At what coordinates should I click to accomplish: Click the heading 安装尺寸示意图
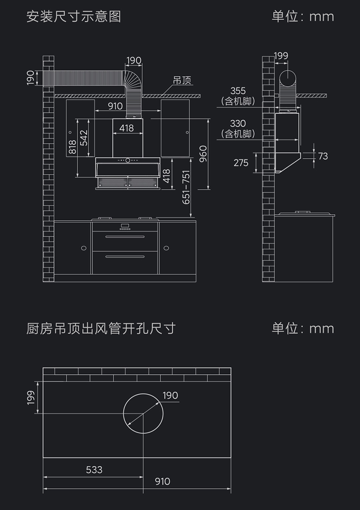click(74, 17)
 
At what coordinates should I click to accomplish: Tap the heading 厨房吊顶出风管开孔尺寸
click(101, 328)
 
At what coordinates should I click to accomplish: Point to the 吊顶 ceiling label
click(182, 81)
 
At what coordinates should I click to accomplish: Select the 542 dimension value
click(84, 138)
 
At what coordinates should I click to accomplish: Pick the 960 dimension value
click(203, 154)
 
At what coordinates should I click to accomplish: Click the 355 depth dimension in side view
click(238, 91)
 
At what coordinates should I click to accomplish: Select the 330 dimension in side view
click(238, 124)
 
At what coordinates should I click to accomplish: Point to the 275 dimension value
click(241, 163)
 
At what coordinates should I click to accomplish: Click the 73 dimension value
click(323, 156)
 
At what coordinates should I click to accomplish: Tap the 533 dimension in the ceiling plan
click(94, 469)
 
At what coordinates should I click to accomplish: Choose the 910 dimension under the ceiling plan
click(162, 481)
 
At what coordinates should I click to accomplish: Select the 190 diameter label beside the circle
click(170, 395)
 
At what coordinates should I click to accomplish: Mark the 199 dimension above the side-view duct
click(281, 56)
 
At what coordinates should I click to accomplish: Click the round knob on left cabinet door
click(83, 248)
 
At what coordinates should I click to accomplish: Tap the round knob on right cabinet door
click(166, 248)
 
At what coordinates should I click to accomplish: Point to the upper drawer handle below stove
click(125, 237)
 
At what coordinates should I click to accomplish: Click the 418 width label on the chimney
click(127, 128)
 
